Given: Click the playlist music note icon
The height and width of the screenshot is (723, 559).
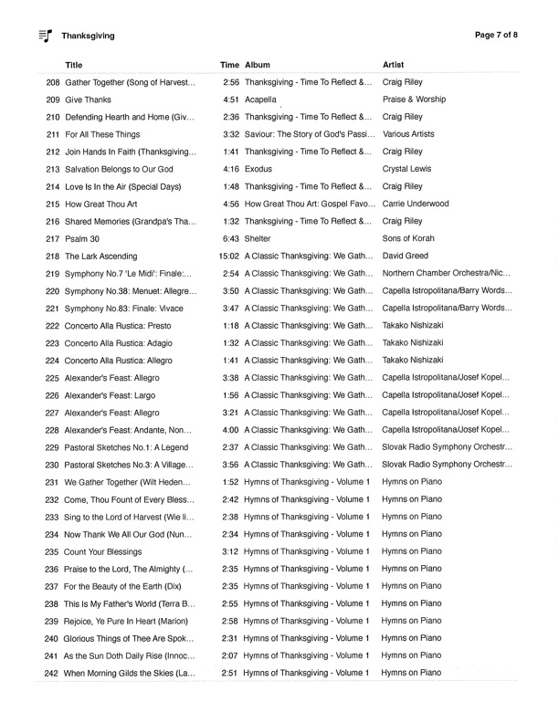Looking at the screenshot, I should click(x=46, y=36).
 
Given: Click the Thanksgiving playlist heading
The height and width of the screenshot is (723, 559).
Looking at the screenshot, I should click(x=88, y=37).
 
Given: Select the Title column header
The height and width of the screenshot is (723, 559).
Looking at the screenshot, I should click(x=74, y=65).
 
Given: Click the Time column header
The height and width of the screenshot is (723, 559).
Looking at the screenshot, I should click(x=229, y=65).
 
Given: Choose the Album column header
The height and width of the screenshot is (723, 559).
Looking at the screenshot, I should click(x=258, y=65).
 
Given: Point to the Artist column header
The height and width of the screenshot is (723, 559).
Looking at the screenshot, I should click(x=394, y=65).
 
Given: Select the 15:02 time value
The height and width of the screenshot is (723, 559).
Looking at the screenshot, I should click(x=228, y=257).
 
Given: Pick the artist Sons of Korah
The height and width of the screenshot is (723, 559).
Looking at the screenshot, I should click(x=408, y=239).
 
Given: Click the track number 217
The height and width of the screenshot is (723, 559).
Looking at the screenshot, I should click(x=52, y=239).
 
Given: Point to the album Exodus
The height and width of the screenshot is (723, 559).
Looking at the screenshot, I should click(x=258, y=170).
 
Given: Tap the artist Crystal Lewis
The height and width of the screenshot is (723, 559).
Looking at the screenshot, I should click(x=406, y=170).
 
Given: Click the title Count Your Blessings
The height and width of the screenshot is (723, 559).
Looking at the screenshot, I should click(x=103, y=552).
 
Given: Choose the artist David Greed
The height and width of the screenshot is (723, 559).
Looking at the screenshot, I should click(x=406, y=257).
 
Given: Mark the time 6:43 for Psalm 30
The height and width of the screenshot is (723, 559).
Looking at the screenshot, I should click(x=231, y=239).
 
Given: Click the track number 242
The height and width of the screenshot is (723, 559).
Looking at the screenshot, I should click(x=51, y=674).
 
